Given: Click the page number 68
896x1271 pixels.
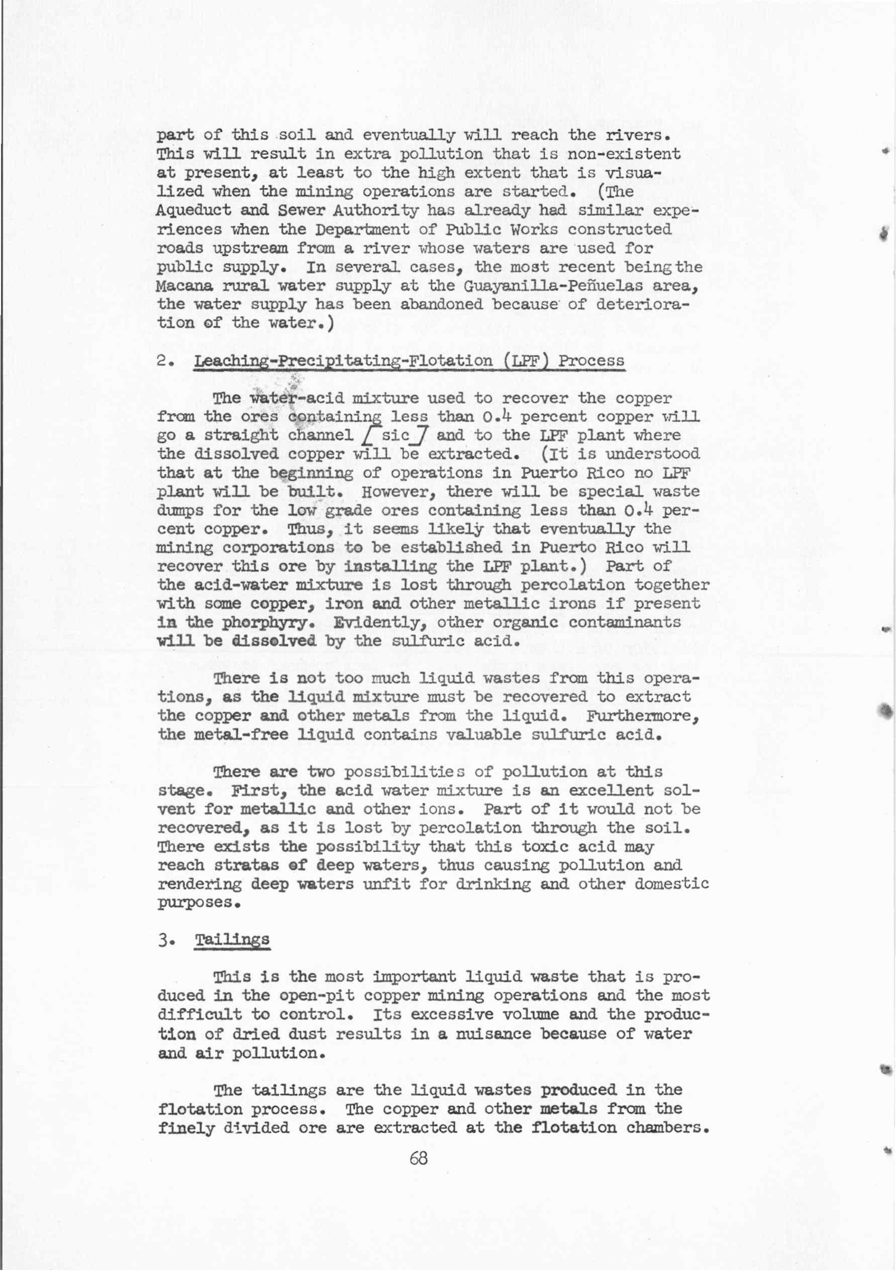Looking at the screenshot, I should pos(418,1157).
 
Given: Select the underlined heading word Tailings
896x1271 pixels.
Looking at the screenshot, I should pos(232,940).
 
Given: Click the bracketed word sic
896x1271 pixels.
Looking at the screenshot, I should pos(395,435).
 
